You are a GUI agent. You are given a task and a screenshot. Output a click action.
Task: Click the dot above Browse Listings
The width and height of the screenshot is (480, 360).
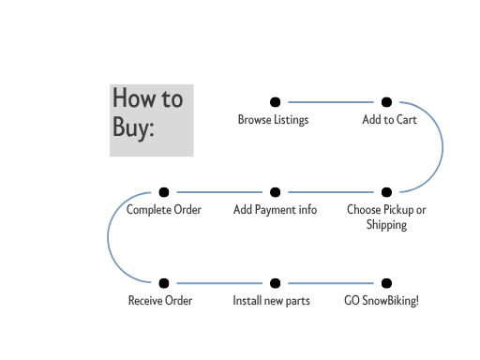click(275, 102)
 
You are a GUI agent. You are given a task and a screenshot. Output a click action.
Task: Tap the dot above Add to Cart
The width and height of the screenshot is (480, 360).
click(386, 102)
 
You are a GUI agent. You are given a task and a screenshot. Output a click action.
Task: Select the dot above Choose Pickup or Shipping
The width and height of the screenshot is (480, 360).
click(386, 192)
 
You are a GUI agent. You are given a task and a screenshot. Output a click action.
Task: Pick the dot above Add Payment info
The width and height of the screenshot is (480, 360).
click(275, 192)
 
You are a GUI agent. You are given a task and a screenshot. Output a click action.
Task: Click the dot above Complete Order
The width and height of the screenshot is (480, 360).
click(164, 192)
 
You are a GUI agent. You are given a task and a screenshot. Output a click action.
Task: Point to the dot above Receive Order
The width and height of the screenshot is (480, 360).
click(164, 282)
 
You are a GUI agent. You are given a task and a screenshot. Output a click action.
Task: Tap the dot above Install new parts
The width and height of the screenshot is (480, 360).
click(275, 282)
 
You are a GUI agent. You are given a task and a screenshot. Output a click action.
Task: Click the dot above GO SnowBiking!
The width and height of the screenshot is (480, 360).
click(386, 282)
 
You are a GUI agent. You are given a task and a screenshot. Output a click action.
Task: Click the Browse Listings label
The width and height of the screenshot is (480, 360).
click(273, 120)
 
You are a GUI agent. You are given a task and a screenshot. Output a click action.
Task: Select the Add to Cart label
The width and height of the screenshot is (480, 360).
click(389, 120)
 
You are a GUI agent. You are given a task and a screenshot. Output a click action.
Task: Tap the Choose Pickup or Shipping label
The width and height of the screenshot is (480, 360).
click(386, 217)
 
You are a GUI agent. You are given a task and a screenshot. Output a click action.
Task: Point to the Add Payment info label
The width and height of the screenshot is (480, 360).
click(275, 210)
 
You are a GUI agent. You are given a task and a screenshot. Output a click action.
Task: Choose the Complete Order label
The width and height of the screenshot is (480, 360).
click(164, 210)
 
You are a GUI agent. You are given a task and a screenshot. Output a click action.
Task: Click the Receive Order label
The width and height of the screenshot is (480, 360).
click(160, 301)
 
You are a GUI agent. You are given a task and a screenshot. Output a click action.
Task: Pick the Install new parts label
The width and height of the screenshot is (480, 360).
click(271, 301)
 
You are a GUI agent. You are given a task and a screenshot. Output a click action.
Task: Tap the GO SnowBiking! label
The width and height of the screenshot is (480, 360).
click(382, 301)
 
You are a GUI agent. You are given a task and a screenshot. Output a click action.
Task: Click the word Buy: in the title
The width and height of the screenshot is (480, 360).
click(133, 127)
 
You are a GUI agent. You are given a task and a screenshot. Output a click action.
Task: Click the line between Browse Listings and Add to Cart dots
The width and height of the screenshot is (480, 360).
click(330, 102)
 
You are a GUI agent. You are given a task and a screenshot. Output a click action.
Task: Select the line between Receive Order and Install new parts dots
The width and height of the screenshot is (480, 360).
click(219, 282)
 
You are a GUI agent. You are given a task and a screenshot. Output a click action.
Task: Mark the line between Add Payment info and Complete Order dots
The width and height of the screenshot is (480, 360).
click(219, 192)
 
